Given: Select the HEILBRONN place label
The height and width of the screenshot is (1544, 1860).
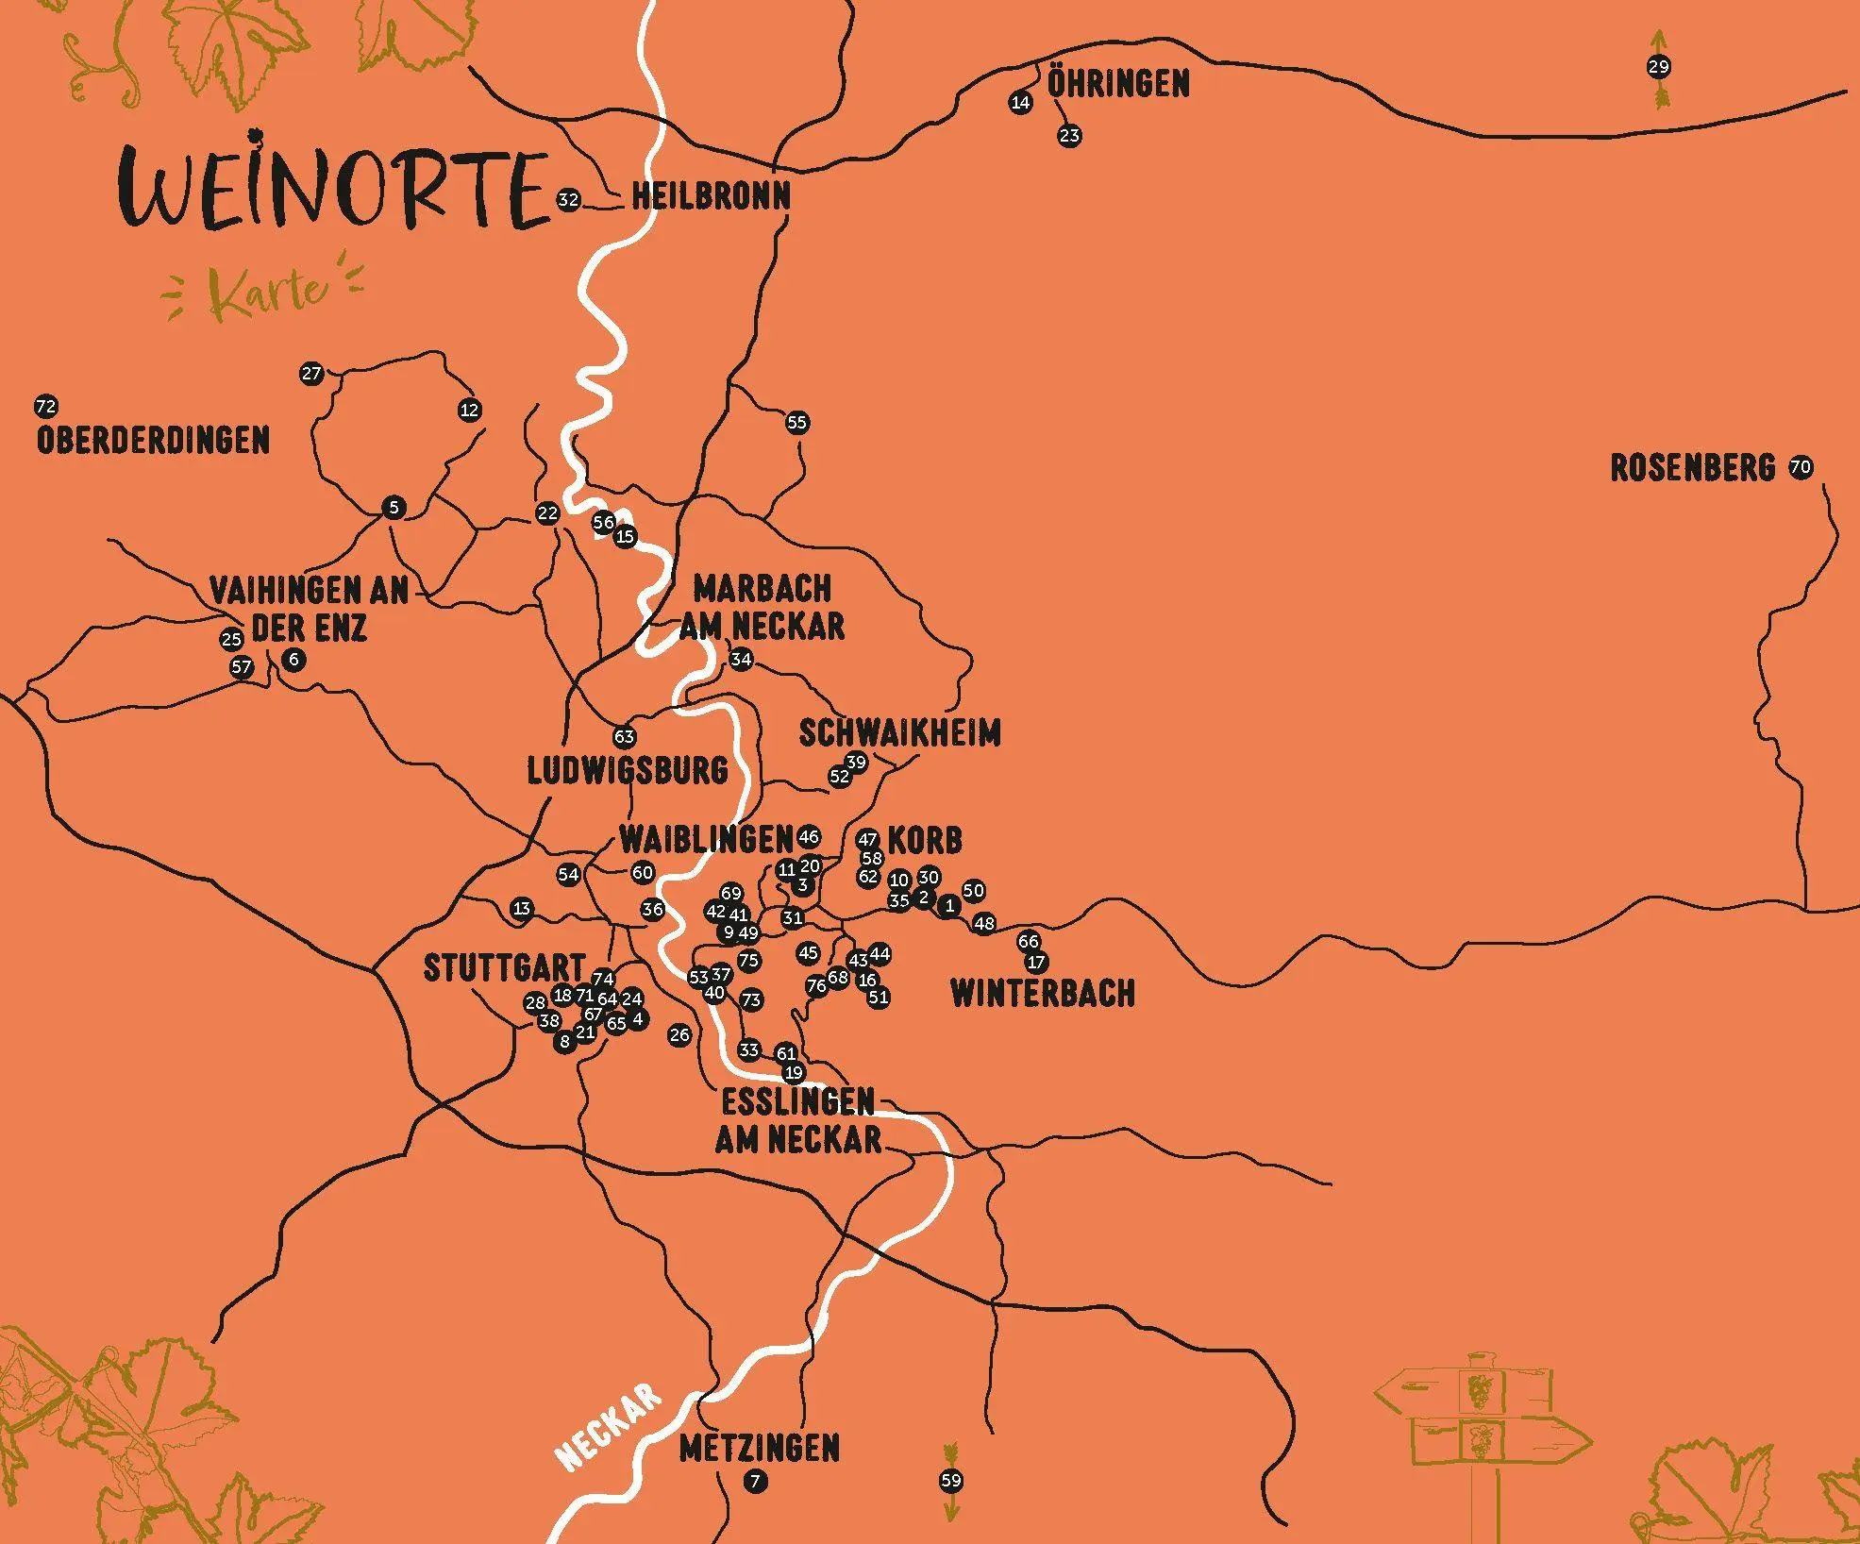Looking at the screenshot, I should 711,197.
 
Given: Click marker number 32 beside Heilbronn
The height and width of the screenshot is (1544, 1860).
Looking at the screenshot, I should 568,200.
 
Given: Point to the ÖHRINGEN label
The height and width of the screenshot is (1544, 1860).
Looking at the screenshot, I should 1118,84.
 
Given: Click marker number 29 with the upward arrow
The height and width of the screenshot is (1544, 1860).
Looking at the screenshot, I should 1659,67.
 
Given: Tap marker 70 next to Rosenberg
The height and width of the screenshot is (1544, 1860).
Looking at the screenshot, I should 1801,467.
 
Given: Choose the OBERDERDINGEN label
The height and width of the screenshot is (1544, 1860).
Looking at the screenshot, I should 153,441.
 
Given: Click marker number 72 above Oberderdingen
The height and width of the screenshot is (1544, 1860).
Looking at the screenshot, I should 45,408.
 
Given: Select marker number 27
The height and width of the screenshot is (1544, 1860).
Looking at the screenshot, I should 311,374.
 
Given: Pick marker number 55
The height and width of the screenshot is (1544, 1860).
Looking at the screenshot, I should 797,423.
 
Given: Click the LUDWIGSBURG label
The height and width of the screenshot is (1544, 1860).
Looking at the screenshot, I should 628,771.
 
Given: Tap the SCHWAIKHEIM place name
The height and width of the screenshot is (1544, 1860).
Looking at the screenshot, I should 899,733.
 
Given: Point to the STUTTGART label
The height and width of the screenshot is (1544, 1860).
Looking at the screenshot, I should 504,968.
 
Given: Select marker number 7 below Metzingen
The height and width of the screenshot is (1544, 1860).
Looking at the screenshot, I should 755,1482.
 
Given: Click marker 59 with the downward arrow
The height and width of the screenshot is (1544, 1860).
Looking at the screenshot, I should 951,1481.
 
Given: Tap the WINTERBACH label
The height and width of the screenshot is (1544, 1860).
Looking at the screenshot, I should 1043,994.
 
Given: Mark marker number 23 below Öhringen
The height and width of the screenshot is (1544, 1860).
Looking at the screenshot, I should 1068,136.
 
